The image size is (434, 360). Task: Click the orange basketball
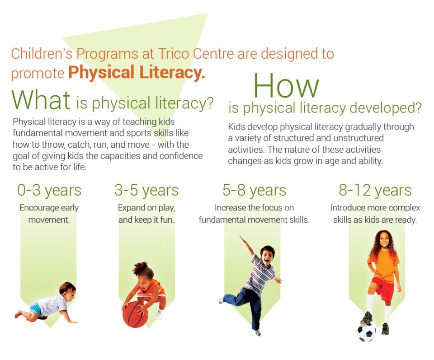[135, 315]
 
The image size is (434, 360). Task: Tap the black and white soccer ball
[366, 332]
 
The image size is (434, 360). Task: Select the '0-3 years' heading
[49, 190]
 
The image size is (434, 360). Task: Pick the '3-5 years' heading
[146, 190]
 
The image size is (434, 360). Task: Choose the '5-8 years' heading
[255, 190]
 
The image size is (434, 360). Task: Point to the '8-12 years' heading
[375, 190]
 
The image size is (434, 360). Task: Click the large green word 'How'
[286, 85]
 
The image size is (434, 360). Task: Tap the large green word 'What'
[41, 100]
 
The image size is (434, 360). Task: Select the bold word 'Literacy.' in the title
[172, 72]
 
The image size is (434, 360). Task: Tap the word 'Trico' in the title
[174, 53]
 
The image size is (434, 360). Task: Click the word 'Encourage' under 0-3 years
[39, 208]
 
